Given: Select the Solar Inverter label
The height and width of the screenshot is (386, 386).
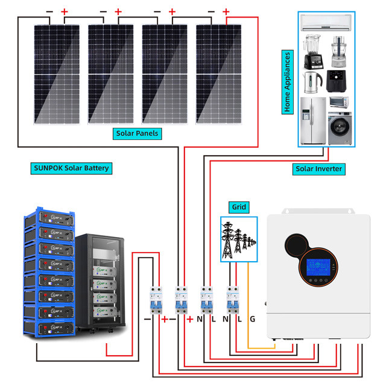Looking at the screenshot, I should click(x=319, y=169).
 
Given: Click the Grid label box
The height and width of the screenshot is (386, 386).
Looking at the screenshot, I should click(x=239, y=207).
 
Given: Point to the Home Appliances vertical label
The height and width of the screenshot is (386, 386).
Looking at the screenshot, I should click(x=288, y=82).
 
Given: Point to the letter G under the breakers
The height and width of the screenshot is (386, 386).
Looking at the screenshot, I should click(x=253, y=318).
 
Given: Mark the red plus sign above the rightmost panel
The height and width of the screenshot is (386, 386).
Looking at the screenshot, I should click(x=226, y=11).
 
